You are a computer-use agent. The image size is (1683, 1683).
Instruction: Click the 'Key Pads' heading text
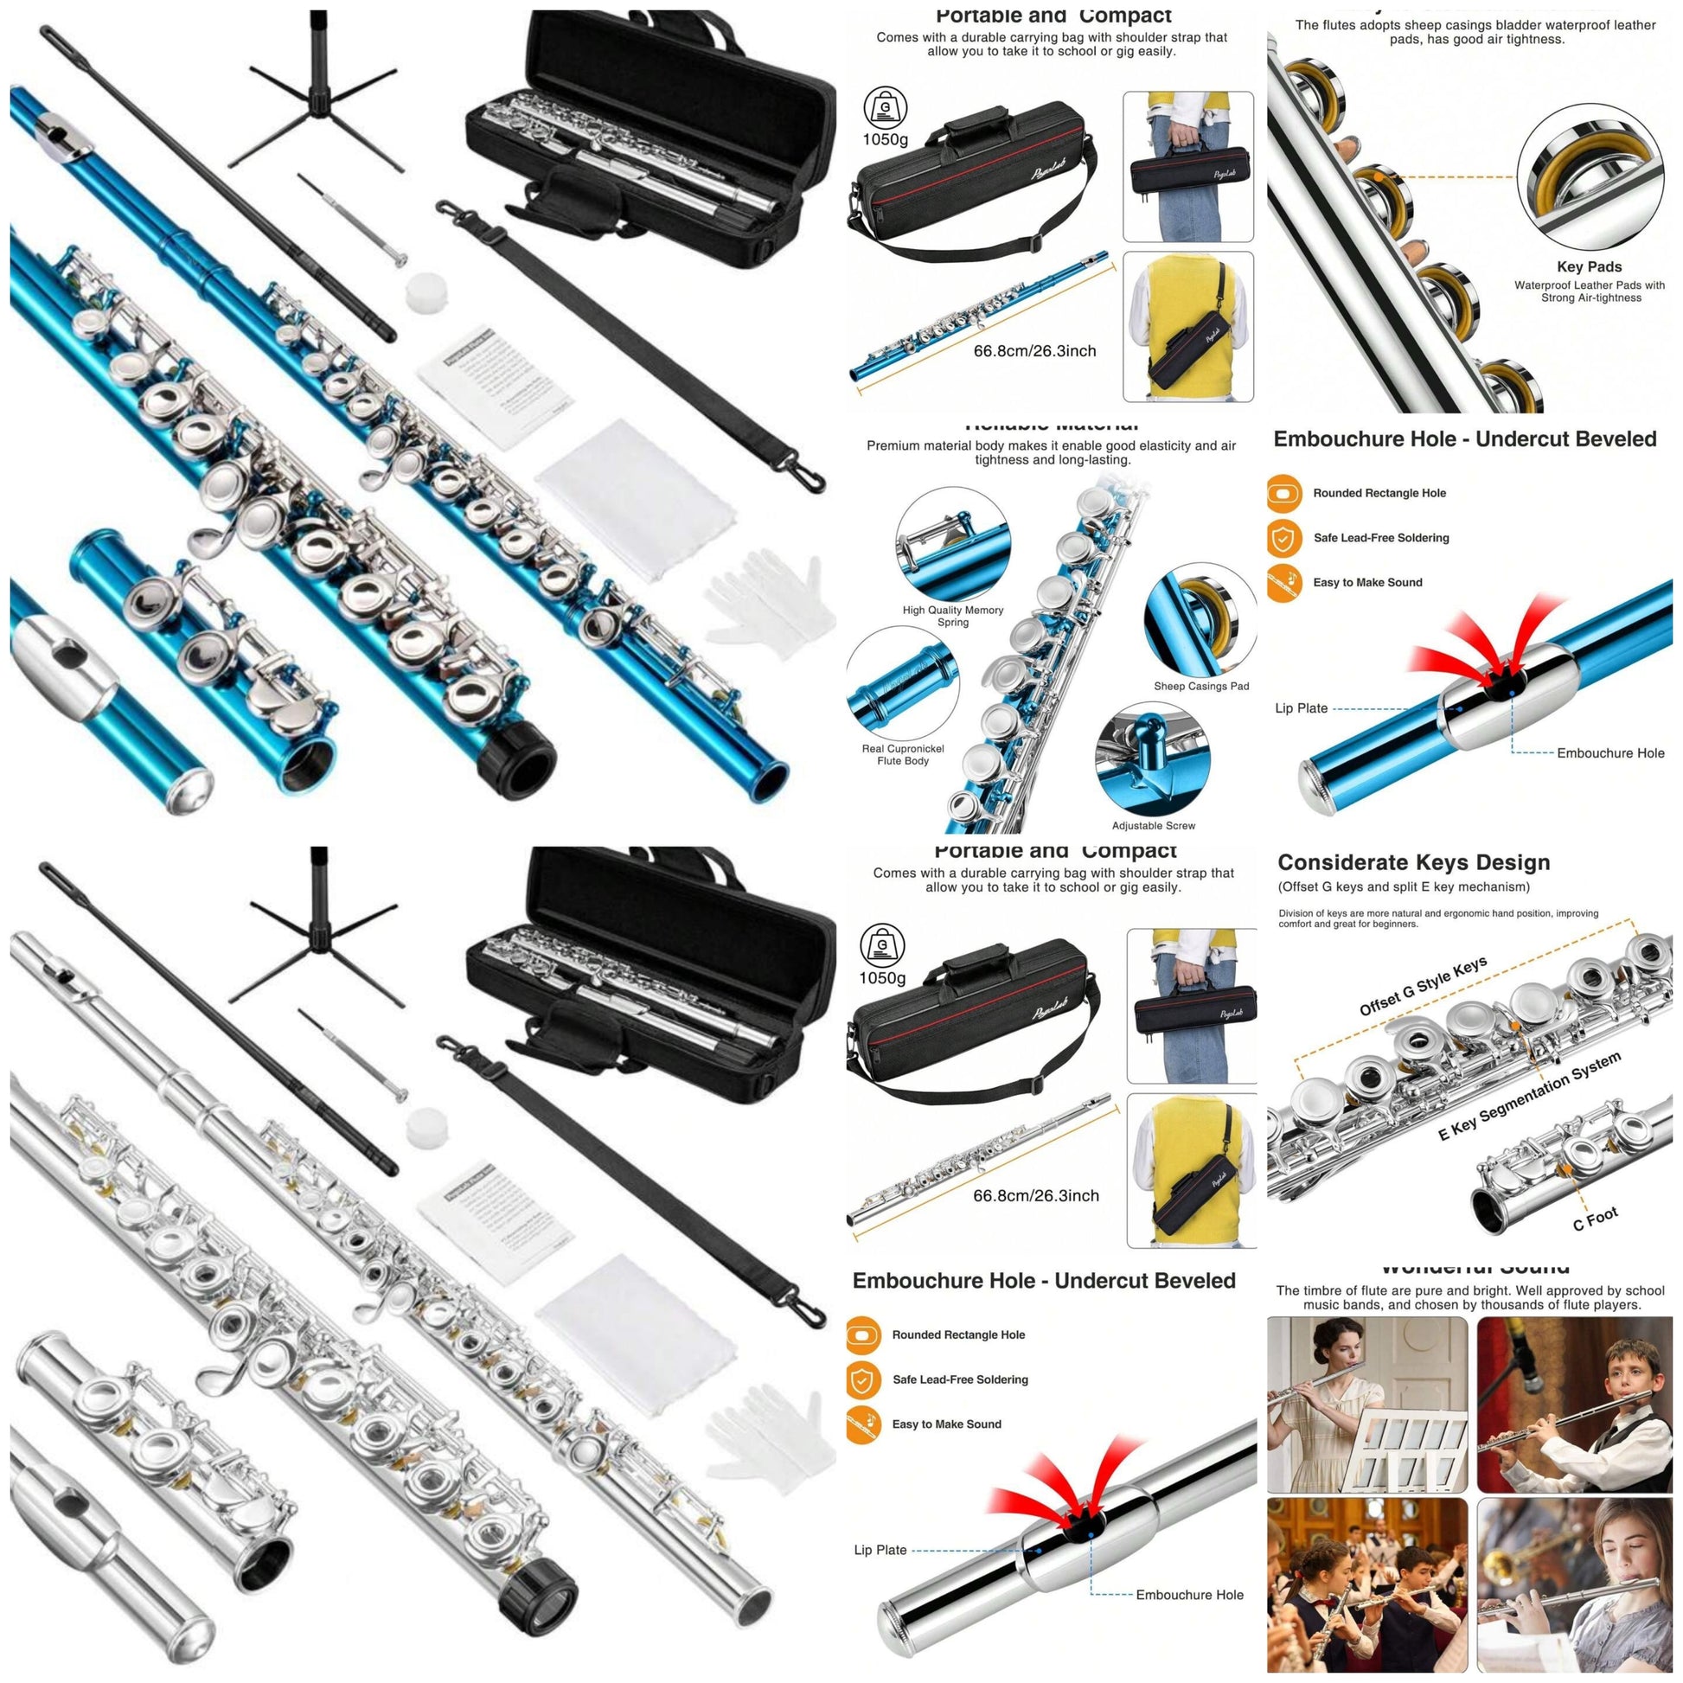(1588, 266)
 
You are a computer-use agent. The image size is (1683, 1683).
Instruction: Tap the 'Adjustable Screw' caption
(1153, 825)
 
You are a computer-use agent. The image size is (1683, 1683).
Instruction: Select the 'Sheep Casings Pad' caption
(1200, 686)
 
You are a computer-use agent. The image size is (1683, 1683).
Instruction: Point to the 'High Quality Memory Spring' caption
(952, 616)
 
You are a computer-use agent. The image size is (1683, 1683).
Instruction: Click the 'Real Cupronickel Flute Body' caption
(903, 754)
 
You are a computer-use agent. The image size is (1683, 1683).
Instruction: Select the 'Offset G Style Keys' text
(1423, 986)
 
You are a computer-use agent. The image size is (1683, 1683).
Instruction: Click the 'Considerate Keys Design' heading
(1413, 862)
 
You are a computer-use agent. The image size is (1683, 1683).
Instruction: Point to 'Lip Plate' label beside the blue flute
(1301, 708)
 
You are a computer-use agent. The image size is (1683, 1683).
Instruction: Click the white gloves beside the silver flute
(763, 1434)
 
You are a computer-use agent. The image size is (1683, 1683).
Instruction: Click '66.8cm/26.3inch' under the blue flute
(1034, 351)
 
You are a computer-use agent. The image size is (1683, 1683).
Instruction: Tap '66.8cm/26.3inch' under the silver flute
(1035, 1196)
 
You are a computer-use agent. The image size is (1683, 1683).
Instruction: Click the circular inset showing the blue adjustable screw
(1153, 758)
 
